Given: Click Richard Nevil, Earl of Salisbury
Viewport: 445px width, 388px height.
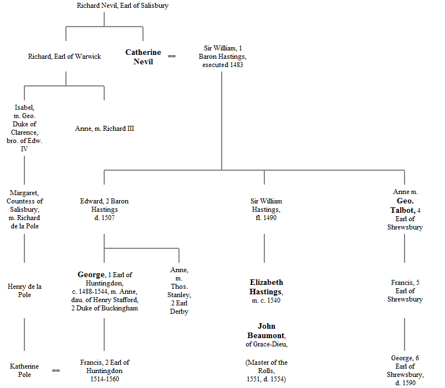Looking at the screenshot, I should pos(122,6).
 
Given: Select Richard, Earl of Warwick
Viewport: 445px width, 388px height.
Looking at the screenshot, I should pos(65,57).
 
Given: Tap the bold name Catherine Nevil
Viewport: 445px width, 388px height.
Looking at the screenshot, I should pos(143,57).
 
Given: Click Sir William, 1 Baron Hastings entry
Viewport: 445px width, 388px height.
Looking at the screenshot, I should pos(222,57).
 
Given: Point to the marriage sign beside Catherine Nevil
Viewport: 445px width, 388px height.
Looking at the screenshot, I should pos(172,57).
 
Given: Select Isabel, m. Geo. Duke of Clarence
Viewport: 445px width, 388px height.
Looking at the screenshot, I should pos(24,128).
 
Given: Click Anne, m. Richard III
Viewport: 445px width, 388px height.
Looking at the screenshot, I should pos(105,129).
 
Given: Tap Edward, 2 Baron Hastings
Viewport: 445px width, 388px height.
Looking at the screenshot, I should pos(104,210).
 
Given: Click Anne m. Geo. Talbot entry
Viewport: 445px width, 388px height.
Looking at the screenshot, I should pos(405,210).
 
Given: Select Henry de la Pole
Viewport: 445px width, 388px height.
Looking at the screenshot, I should pos(24,290).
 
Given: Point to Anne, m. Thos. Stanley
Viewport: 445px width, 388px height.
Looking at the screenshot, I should pos(179,291).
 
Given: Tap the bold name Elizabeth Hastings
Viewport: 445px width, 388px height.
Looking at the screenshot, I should pos(266,287).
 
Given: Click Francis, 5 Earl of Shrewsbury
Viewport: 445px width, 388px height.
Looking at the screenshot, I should pos(405,291).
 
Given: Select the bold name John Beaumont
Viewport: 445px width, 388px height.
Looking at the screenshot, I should pos(266,330).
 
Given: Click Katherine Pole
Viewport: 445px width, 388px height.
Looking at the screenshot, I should pos(24,370).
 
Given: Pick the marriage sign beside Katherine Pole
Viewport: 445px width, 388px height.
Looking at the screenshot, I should pos(56,370).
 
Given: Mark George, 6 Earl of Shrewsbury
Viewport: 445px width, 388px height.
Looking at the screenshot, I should pos(405,371).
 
